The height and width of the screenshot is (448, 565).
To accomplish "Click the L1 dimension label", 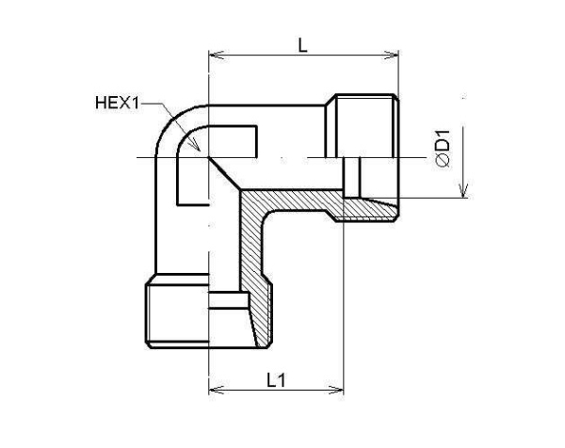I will coord(276,381).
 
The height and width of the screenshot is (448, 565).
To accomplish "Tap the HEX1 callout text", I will coord(117,104).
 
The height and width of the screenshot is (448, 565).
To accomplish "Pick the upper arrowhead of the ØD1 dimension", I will coord(463,98).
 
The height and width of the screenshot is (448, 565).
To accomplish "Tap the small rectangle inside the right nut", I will coord(352,176).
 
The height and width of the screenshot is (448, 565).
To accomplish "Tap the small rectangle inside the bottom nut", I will coord(229,303).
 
